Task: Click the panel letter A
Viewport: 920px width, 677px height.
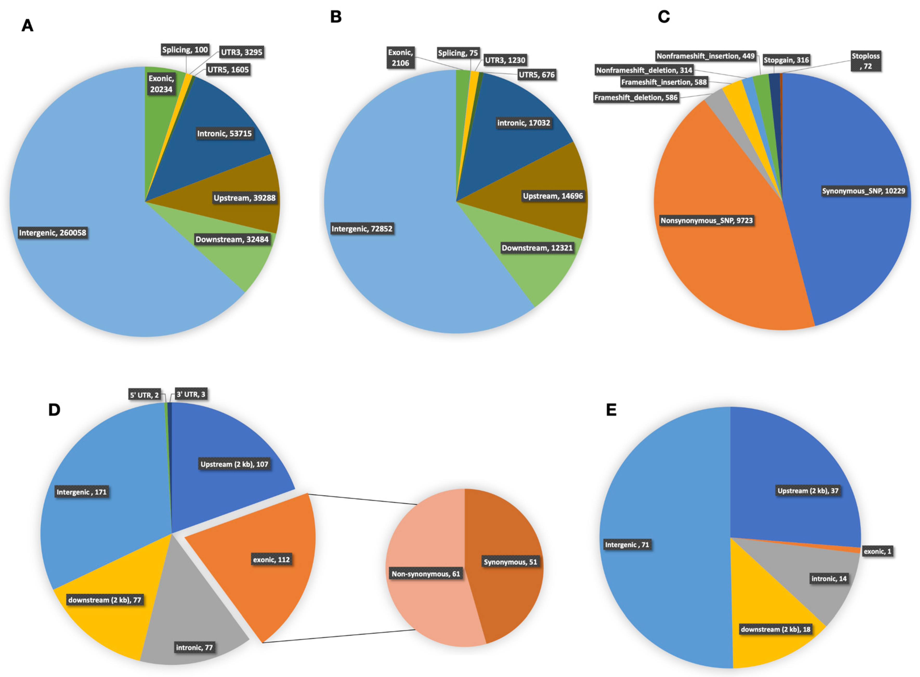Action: pos(28,26)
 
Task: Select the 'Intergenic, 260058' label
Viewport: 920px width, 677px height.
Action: pos(53,233)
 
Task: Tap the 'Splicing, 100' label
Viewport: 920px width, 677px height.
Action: pos(185,50)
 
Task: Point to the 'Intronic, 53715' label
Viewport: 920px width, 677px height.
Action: pos(224,134)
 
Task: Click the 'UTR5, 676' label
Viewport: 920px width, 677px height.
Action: pos(537,75)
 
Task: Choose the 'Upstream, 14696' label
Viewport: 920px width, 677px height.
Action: pos(553,196)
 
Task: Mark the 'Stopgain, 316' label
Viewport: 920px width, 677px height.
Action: pos(786,60)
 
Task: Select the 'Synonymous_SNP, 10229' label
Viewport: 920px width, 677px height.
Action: pos(863,191)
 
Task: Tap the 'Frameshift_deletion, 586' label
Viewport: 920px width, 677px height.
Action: pos(636,97)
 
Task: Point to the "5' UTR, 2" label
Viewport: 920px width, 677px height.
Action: pos(144,395)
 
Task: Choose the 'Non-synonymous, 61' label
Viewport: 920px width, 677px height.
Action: pos(426,574)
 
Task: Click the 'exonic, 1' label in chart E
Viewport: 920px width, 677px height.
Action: pos(877,552)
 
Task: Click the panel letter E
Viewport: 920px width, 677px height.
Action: pos(611,410)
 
